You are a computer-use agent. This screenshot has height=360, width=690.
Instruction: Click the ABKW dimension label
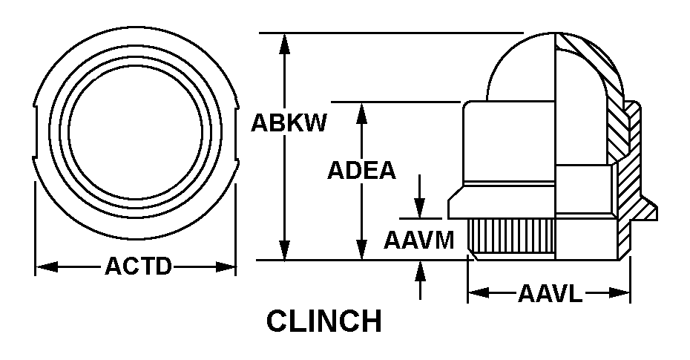coord(289,122)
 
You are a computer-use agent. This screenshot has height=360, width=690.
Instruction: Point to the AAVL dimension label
coord(550,294)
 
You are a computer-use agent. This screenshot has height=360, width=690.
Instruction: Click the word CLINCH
coord(324,322)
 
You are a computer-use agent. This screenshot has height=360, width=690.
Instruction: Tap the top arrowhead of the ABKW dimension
coord(284,42)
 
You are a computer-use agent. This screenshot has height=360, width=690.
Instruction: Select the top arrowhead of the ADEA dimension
coord(362,111)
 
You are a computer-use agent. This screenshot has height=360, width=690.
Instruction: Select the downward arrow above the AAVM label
coord(420,209)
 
